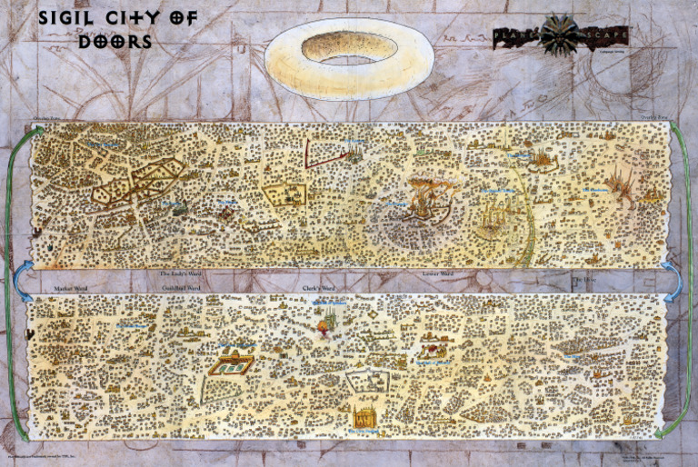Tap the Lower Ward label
(437, 273)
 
